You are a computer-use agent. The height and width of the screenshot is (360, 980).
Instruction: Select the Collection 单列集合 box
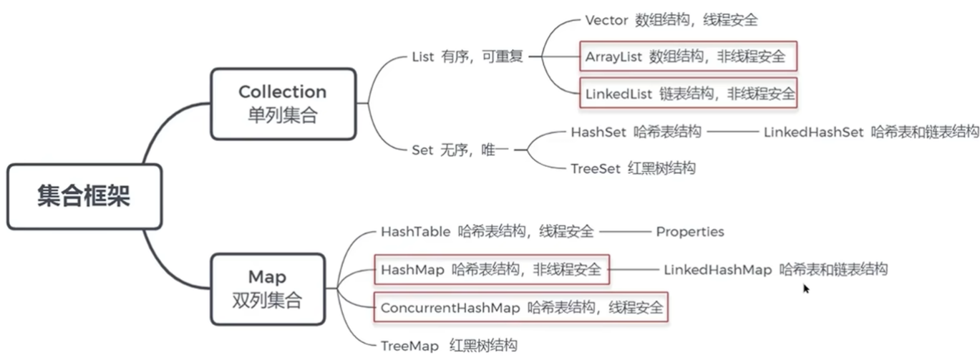point(282,103)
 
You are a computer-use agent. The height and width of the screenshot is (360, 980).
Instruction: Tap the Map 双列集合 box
point(267,289)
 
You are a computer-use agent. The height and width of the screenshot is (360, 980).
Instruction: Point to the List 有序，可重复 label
point(467,57)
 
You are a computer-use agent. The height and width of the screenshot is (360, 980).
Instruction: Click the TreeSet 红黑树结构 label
point(633,169)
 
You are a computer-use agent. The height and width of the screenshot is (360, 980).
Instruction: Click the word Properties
point(690,232)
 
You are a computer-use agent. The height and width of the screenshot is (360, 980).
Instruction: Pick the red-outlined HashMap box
point(492,270)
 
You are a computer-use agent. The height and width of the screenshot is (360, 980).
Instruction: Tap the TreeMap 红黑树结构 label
point(448,346)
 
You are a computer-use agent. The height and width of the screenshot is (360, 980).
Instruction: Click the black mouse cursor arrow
point(806,288)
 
